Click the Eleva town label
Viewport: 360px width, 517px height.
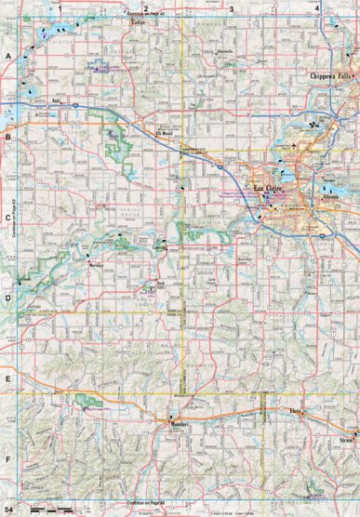[x=297, y=409]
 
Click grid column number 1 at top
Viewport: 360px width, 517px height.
[x=59, y=7]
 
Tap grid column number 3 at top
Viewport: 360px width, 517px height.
[x=231, y=7]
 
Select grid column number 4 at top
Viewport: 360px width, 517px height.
[x=318, y=7]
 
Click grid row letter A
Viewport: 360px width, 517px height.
[x=7, y=58]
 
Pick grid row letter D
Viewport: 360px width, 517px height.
[x=7, y=299]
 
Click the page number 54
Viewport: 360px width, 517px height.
[x=8, y=510]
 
